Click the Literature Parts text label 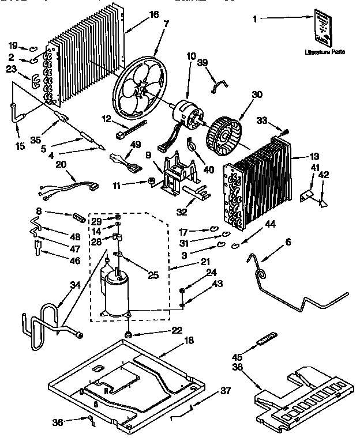point(325,52)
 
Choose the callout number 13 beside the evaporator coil point(314,156)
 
